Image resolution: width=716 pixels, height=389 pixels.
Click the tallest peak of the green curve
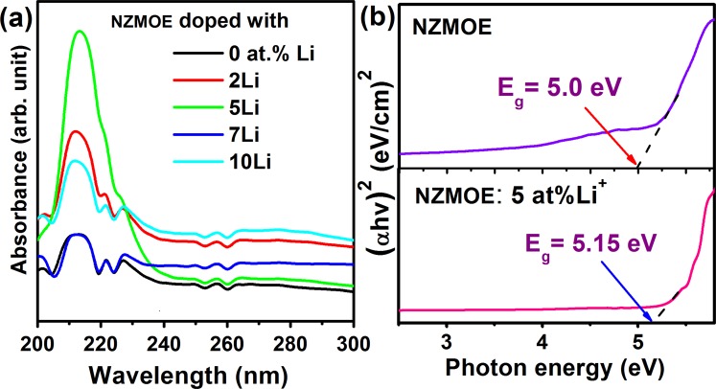coord(80,32)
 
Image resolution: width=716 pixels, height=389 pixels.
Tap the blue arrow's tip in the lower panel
coord(655,317)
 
